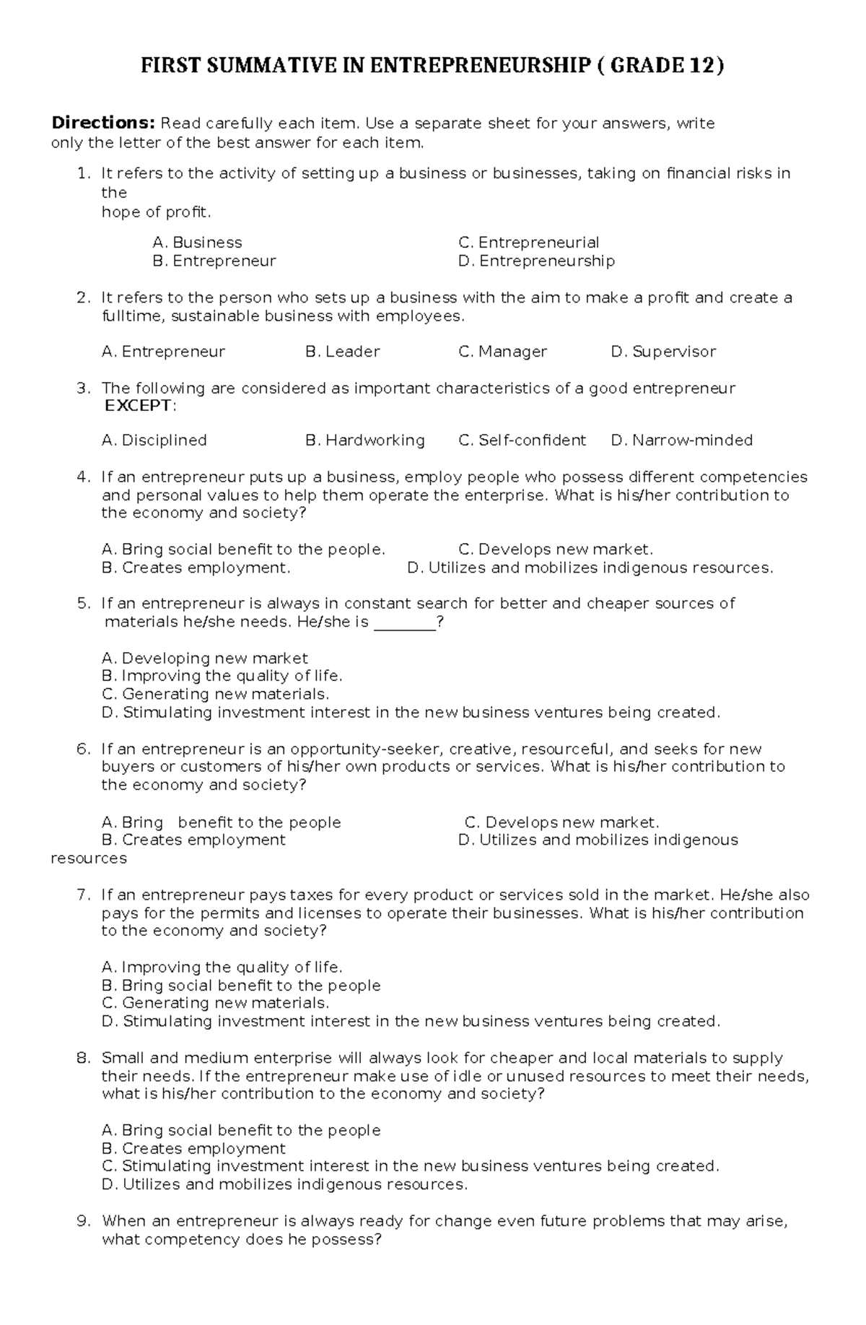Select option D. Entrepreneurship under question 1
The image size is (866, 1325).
pyautogui.click(x=536, y=261)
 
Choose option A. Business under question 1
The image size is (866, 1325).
pyautogui.click(x=197, y=243)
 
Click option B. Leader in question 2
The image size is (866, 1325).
pyautogui.click(x=342, y=352)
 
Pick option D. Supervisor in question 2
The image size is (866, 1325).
pyautogui.click(x=663, y=352)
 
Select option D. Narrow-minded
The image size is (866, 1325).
pyautogui.click(x=681, y=440)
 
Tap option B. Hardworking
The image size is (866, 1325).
pyautogui.click(x=364, y=440)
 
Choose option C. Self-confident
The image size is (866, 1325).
pyautogui.click(x=522, y=440)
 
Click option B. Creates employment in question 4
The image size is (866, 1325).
pyautogui.click(x=196, y=568)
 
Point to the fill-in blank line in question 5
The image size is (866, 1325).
pyautogui.click(x=405, y=622)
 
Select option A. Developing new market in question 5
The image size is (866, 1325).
pyautogui.click(x=205, y=659)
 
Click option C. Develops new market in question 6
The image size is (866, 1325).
pyautogui.click(x=561, y=822)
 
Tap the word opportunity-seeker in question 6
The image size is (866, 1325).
pyautogui.click(x=367, y=749)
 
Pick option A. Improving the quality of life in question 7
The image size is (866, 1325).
pyautogui.click(x=222, y=967)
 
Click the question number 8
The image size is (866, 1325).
pyautogui.click(x=83, y=1058)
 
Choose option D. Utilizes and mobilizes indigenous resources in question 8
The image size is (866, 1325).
pyautogui.click(x=285, y=1184)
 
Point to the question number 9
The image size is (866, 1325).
pyautogui.click(x=83, y=1221)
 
